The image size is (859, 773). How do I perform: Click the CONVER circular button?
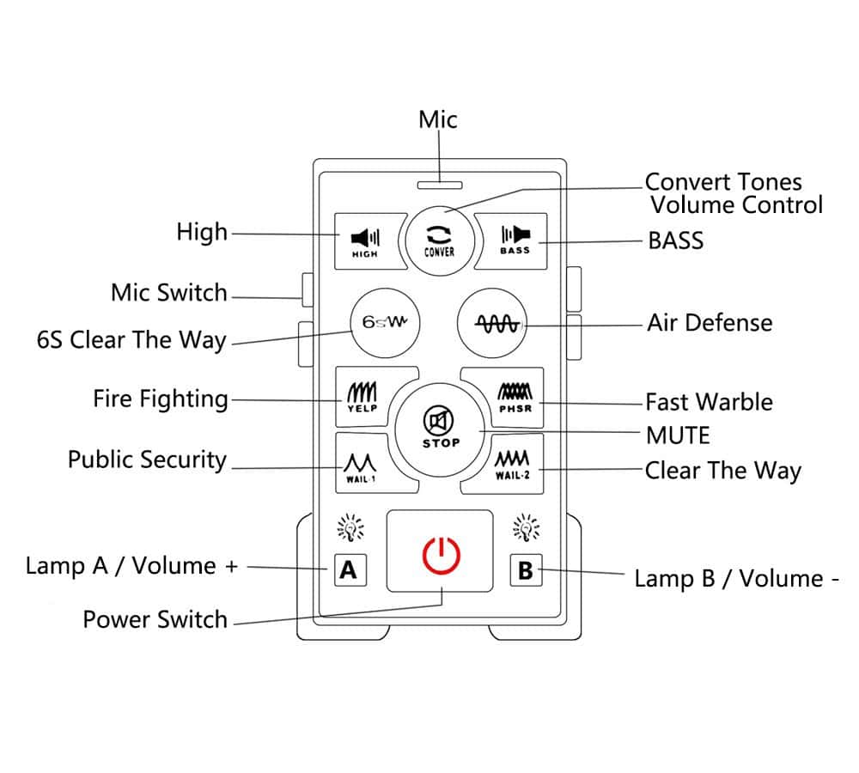439,237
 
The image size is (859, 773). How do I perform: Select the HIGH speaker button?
364,240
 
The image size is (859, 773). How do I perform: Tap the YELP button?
362,397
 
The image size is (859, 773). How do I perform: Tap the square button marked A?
349,570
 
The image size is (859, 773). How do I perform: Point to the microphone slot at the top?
440,185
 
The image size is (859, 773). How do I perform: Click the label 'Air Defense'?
710,323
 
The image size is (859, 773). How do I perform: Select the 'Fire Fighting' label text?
161,399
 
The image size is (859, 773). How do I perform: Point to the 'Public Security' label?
147,460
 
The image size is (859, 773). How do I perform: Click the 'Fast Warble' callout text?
709,402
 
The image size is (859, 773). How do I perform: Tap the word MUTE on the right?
678,435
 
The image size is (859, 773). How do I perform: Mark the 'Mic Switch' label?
169,293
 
